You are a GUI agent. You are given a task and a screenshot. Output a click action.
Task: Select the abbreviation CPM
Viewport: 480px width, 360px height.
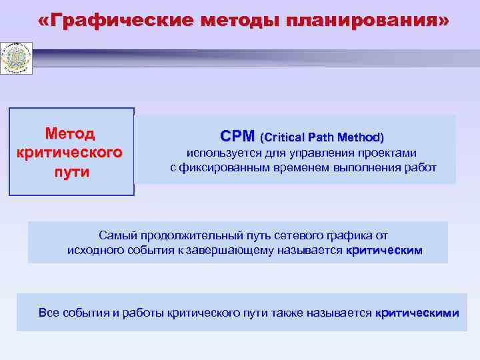coord(237,137)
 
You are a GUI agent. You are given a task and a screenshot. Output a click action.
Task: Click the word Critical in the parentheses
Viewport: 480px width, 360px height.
coord(285,138)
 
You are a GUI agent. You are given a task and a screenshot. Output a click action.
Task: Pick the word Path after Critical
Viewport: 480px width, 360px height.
coord(322,138)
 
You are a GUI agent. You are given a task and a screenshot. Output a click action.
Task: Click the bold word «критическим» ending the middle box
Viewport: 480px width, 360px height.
coord(385,250)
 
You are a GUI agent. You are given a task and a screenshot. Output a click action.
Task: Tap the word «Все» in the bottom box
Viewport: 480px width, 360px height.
coord(49,313)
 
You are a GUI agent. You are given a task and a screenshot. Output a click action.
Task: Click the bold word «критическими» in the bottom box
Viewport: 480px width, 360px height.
coord(417,313)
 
